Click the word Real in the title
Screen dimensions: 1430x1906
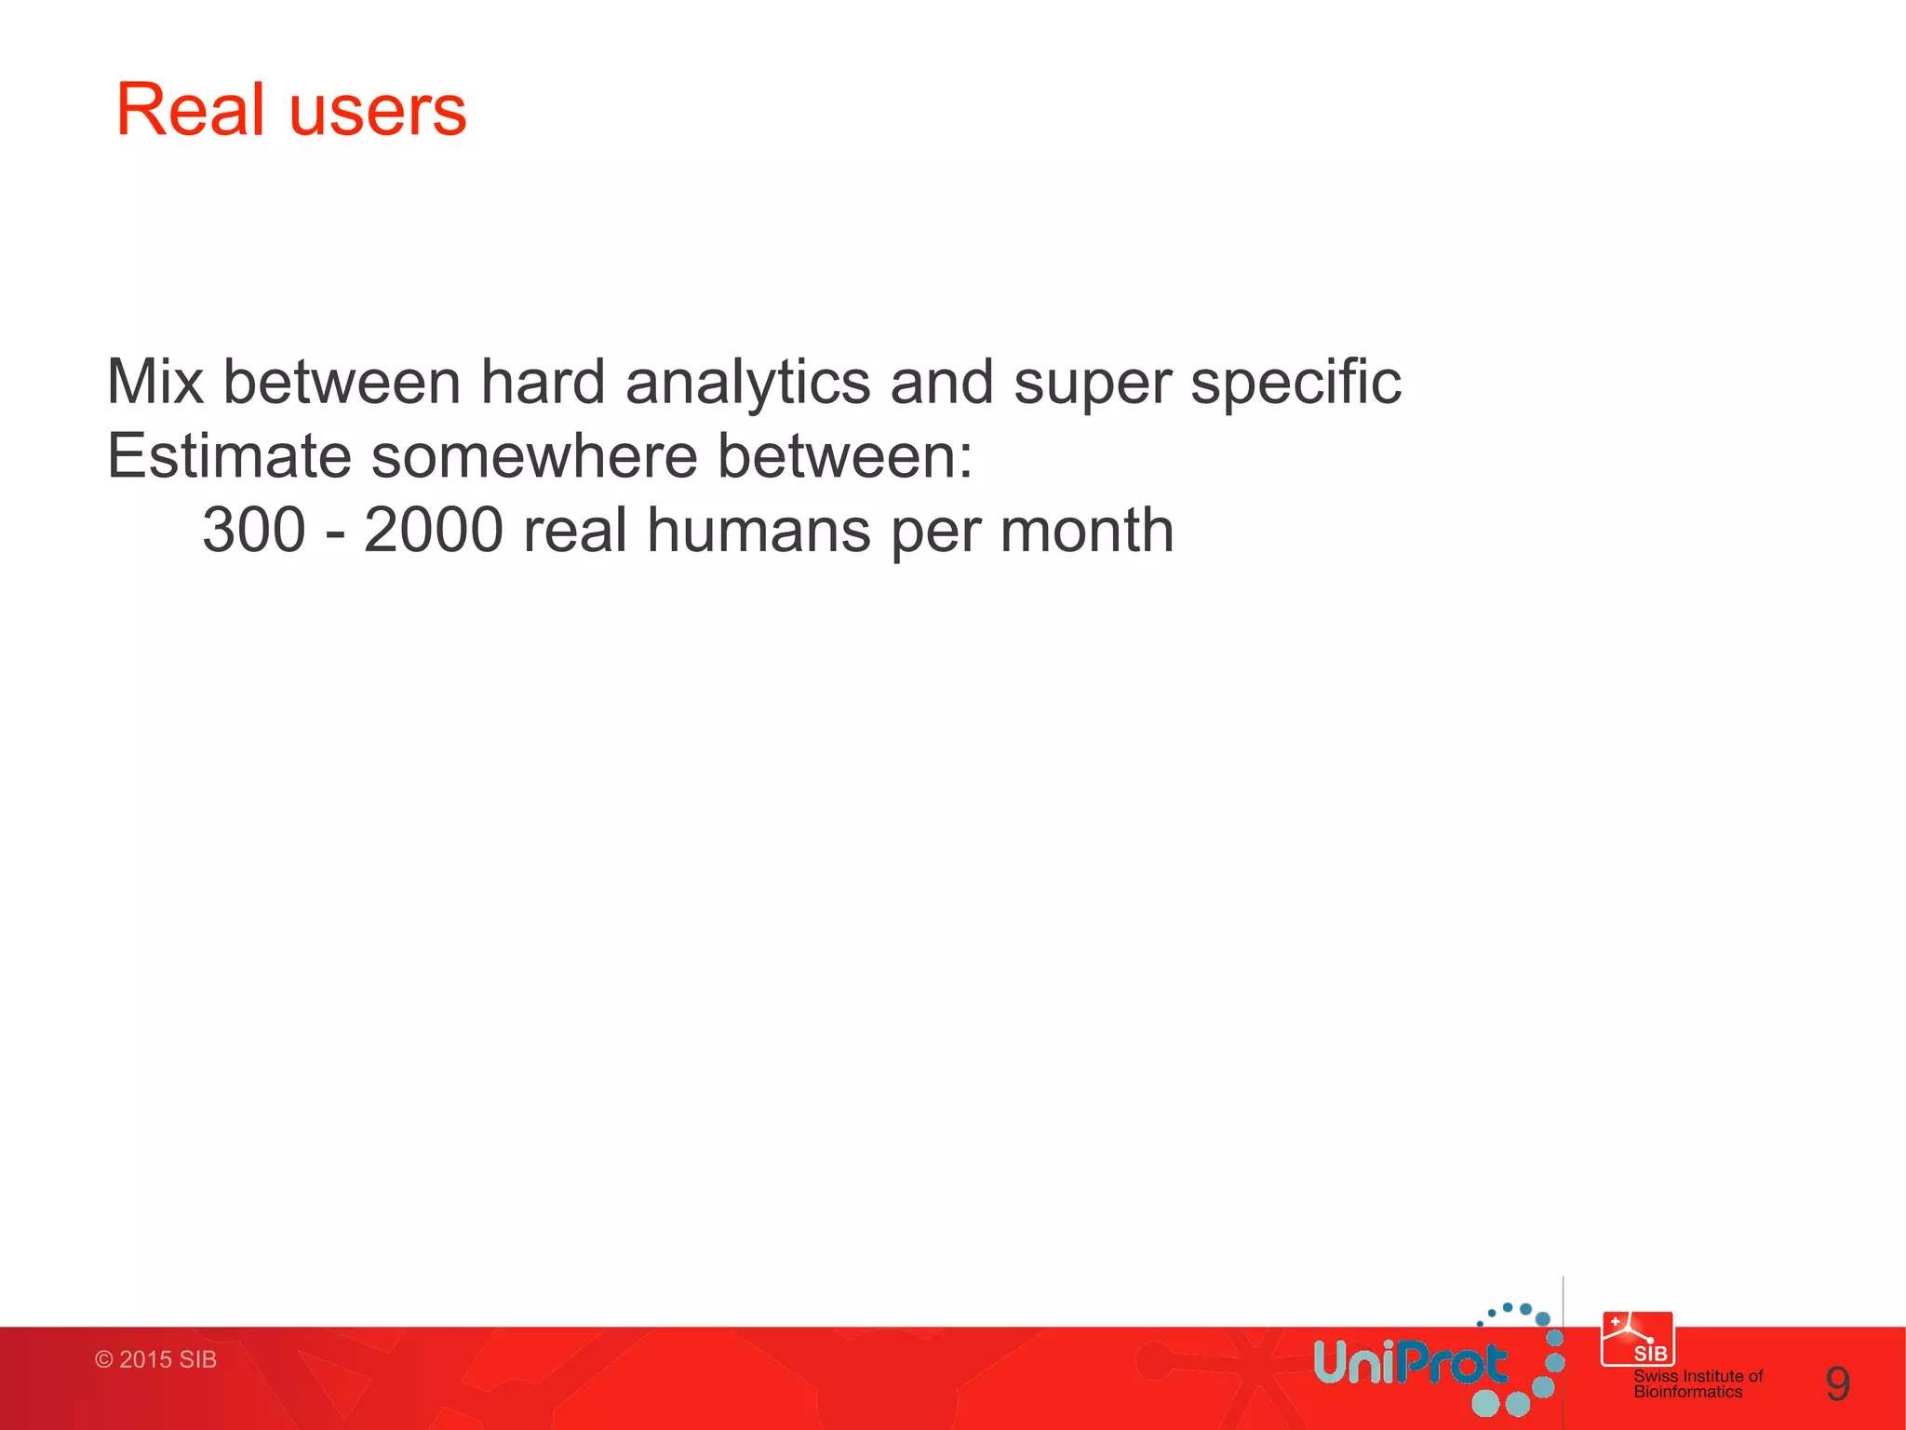[190, 110]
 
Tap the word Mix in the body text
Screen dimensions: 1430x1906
[154, 383]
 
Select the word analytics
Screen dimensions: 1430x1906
[747, 383]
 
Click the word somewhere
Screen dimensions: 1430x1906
[534, 456]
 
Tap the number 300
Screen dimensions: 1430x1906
[253, 531]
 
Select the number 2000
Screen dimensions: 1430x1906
[434, 531]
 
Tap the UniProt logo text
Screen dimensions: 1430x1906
[1409, 1364]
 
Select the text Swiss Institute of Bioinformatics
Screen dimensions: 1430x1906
[1698, 1383]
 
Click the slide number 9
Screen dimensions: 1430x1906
[1837, 1384]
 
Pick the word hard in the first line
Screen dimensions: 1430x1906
[543, 383]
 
